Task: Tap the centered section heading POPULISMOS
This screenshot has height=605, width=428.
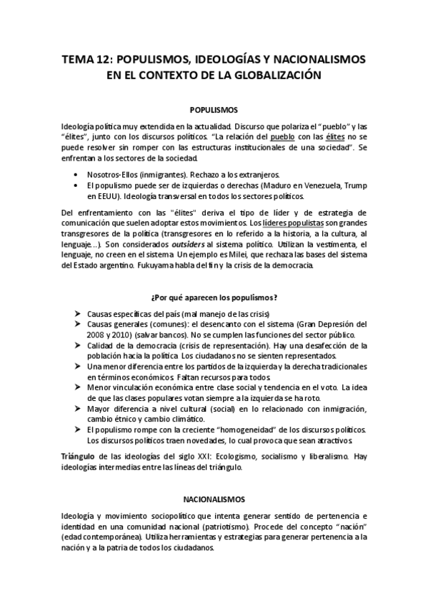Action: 214,111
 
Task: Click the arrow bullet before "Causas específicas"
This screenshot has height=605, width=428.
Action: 76,315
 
